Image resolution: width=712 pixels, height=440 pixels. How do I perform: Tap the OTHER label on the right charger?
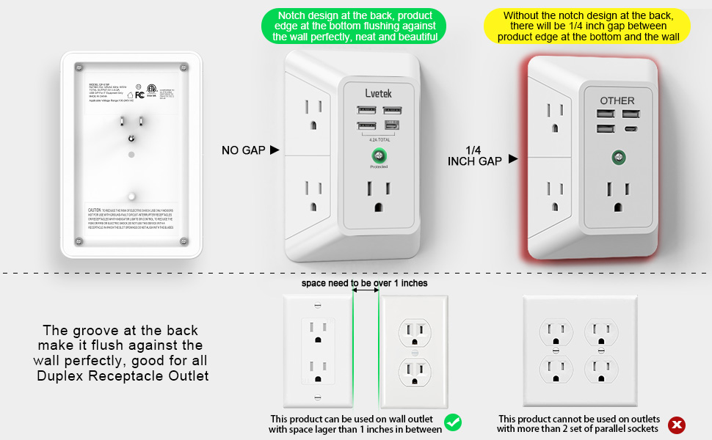tap(617, 100)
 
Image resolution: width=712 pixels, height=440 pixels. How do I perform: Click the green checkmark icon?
tap(453, 422)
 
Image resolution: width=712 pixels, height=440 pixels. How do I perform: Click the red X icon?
tap(677, 424)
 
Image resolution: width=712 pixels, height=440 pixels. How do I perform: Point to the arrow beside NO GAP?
tap(275, 150)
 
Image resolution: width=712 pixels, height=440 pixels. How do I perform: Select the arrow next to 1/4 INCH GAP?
tap(513, 158)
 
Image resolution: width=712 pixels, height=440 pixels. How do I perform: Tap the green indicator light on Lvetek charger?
tap(379, 155)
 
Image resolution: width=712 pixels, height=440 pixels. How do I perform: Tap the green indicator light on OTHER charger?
tap(617, 157)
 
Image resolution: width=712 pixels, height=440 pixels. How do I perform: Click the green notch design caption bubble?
tap(353, 26)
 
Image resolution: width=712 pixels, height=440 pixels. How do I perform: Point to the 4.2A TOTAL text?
tap(379, 139)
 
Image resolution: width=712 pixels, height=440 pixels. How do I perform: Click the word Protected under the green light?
tap(379, 167)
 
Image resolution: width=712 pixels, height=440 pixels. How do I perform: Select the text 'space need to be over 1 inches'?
tap(364, 282)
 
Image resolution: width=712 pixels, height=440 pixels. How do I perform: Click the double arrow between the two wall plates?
tap(366, 290)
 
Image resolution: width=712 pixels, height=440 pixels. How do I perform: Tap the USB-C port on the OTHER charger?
tap(629, 129)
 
